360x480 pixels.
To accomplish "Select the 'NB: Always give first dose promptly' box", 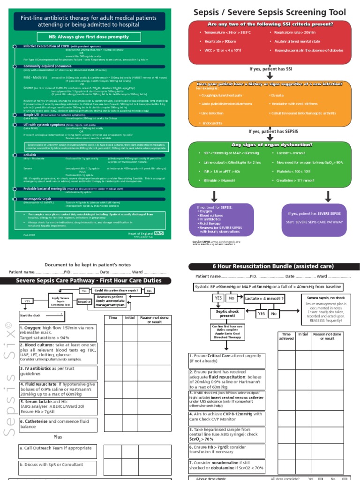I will pyautogui.click(x=89, y=36).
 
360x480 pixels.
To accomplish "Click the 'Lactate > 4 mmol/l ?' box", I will pyautogui.click(x=264, y=298).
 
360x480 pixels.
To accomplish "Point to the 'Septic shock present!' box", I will pyautogui.click(x=227, y=313).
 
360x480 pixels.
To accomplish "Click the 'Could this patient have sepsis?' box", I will pyautogui.click(x=117, y=291).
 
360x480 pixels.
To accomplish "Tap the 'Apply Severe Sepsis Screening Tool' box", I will pyautogui.click(x=60, y=301).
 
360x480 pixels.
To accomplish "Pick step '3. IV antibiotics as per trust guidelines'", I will pyautogui.click(x=58, y=371).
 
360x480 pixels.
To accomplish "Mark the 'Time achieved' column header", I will pyautogui.click(x=287, y=336).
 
